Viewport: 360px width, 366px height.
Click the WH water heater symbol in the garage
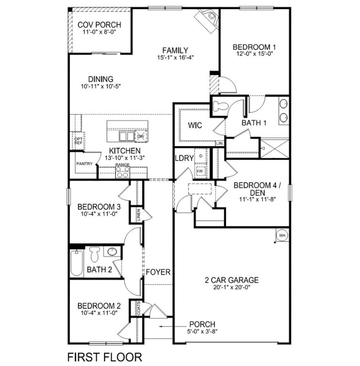pos(281,235)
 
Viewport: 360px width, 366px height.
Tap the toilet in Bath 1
pos(221,105)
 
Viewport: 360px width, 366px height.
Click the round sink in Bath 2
pos(113,252)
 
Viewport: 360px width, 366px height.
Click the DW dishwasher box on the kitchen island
pos(141,136)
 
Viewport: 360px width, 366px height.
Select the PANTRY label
pos(83,163)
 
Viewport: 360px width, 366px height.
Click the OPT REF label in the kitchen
pos(78,141)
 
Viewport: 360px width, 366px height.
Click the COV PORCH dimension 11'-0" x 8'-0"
pos(99,32)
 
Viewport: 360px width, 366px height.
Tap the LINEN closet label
pos(139,215)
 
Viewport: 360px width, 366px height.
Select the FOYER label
pos(158,273)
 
